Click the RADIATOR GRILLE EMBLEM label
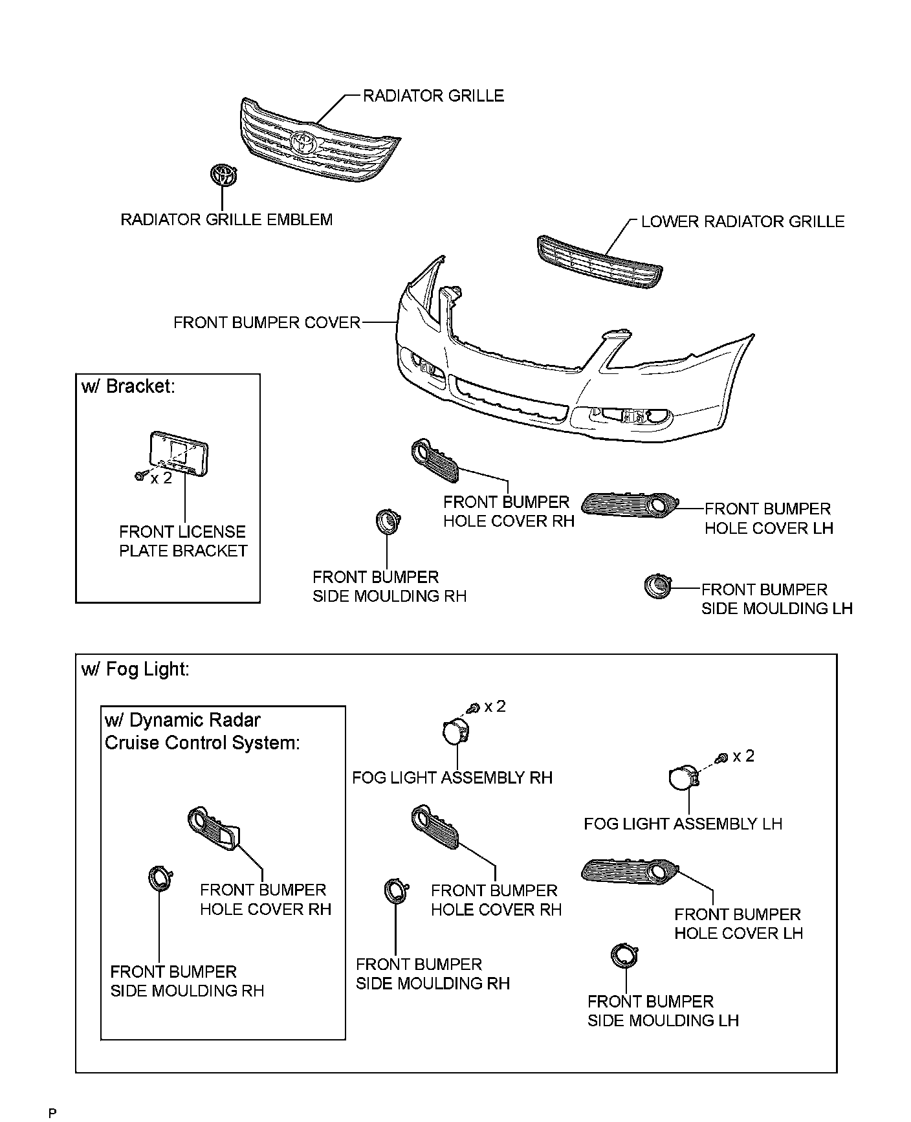coord(226,219)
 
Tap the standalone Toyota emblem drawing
coord(223,175)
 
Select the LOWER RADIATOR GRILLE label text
coord(742,222)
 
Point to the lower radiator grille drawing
coord(599,265)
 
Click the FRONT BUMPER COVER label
coord(267,322)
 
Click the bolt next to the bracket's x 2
coord(140,476)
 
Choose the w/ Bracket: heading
coord(128,386)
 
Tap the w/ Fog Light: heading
coord(135,669)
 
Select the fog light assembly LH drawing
coord(682,778)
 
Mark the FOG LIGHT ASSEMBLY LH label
coord(683,824)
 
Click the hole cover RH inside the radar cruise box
coord(214,828)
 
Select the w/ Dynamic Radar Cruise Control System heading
coord(202,731)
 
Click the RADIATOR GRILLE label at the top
coord(433,96)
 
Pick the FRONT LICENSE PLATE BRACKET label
coord(183,541)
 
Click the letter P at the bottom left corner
coord(52,1113)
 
